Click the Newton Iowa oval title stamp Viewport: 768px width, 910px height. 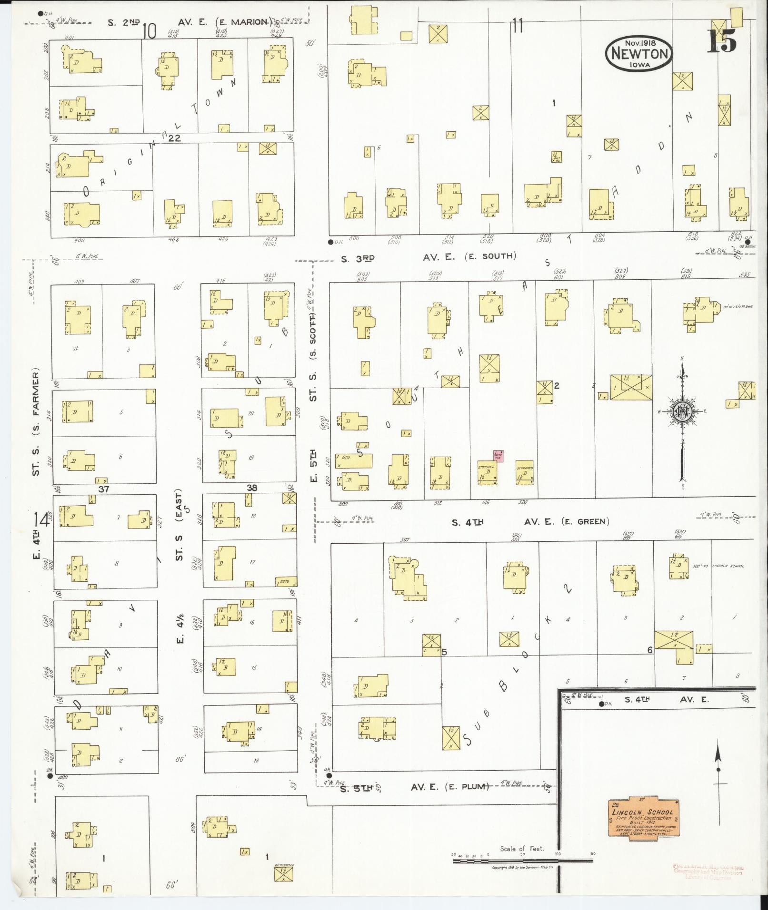coord(639,54)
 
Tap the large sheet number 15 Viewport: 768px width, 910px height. coord(722,41)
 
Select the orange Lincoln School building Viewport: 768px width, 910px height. coord(643,818)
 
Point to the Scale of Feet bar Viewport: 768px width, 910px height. coord(524,860)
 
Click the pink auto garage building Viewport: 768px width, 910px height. coord(498,455)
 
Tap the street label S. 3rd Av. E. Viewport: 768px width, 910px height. coord(429,257)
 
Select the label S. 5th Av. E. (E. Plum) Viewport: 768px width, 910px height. coord(414,787)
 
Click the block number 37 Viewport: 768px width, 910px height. coord(104,489)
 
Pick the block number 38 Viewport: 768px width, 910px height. coord(252,488)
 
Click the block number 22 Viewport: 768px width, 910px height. coord(174,138)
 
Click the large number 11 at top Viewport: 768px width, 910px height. coord(518,26)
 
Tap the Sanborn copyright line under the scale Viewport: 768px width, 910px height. coord(522,868)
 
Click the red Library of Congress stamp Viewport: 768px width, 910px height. coord(708,872)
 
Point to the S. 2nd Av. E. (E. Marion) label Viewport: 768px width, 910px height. coord(190,22)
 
